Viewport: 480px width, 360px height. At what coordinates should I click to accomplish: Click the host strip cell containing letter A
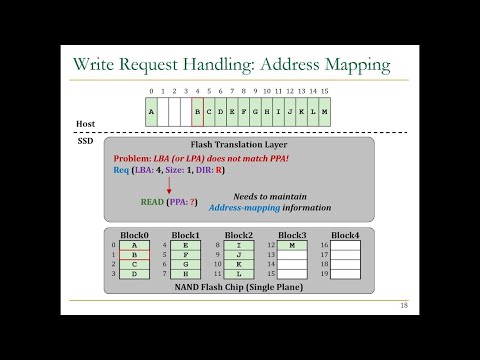tap(151, 111)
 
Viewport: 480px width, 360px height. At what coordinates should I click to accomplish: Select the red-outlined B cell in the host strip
tap(197, 111)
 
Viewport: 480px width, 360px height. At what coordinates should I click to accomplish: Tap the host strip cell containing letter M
tap(325, 111)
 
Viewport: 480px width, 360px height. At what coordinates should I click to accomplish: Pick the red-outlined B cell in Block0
tap(134, 254)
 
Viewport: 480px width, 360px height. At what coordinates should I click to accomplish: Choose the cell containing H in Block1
tap(186, 274)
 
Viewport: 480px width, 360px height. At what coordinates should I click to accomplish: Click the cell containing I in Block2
tap(238, 244)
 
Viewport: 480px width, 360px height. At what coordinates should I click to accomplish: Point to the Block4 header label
tap(345, 234)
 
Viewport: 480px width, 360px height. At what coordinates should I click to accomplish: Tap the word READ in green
tap(153, 201)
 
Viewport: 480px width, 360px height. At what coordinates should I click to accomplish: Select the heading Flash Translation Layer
tap(239, 146)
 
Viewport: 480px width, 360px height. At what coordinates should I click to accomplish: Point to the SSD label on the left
tap(85, 141)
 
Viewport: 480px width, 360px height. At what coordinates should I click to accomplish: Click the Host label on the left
tap(87, 125)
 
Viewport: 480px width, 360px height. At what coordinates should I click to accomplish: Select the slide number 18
tap(403, 305)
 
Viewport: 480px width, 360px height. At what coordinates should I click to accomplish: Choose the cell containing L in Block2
tap(238, 274)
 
